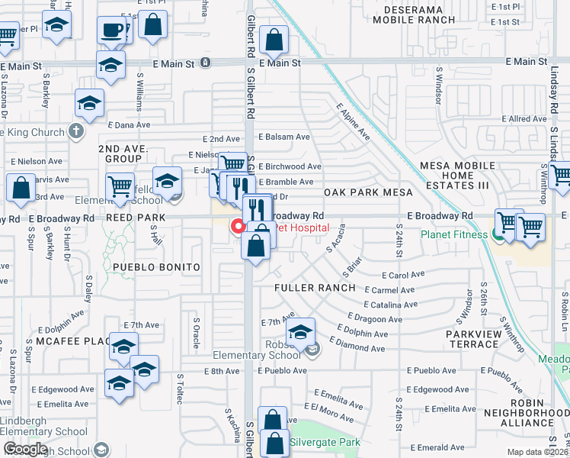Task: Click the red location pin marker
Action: pos(237,226)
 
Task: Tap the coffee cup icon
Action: pos(113,31)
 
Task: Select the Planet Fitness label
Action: pos(453,234)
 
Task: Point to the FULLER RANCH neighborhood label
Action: pos(315,288)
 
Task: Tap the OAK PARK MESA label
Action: pos(368,192)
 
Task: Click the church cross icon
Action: pos(75,131)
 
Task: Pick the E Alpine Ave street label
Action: pos(354,123)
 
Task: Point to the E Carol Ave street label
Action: pos(406,275)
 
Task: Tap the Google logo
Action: pos(25,449)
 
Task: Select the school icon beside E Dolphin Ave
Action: pos(301,332)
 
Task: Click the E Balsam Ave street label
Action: pos(284,137)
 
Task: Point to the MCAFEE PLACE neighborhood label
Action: pos(74,340)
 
